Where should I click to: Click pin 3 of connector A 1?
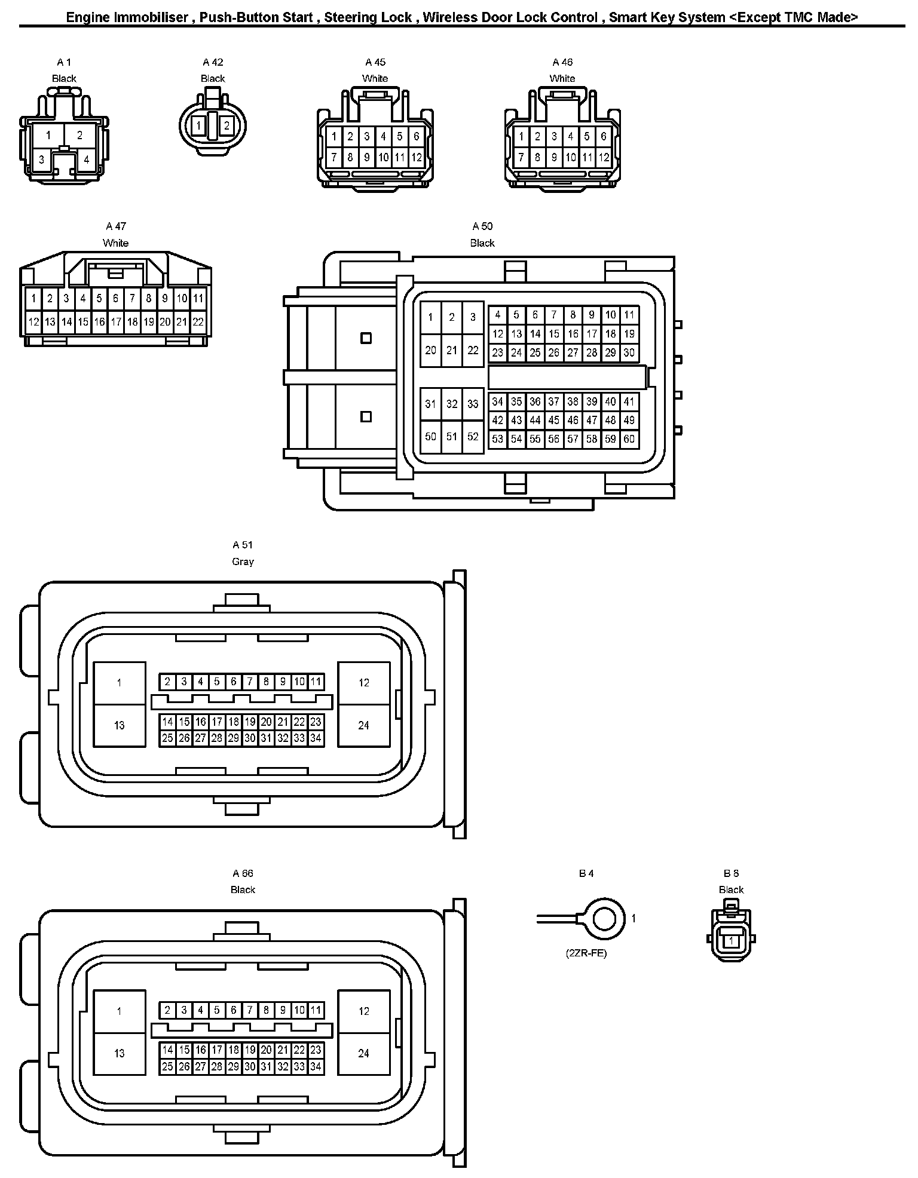[41, 159]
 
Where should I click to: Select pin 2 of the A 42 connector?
[227, 126]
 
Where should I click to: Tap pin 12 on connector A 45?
[417, 158]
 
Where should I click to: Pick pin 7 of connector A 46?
[521, 158]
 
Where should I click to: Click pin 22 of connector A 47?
[198, 322]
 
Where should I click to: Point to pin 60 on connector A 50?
[629, 439]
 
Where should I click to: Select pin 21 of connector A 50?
[452, 351]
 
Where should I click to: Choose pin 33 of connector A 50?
[473, 404]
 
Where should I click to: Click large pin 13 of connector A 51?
[120, 725]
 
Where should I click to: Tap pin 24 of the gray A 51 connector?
[364, 725]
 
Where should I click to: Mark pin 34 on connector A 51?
[316, 738]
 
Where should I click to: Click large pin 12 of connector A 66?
[364, 1011]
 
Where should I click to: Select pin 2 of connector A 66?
[168, 1010]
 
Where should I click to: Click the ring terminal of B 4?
[605, 918]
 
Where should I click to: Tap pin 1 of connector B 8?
[731, 941]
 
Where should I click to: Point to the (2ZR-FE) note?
[586, 953]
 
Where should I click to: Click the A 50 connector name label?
[482, 226]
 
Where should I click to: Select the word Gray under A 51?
[243, 562]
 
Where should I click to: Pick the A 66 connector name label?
[243, 873]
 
